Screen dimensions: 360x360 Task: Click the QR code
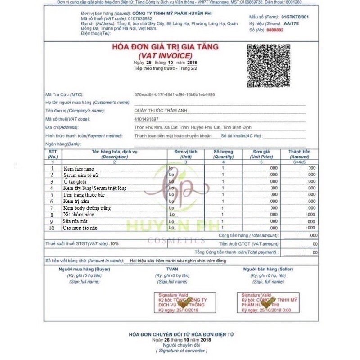(268, 65)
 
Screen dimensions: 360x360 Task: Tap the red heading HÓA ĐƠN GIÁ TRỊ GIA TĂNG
(165, 47)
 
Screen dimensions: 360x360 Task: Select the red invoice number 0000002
(276, 30)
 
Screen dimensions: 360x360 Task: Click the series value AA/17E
(291, 23)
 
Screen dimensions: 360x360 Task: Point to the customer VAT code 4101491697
(146, 119)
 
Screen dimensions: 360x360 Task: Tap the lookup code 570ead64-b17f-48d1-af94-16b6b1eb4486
(175, 94)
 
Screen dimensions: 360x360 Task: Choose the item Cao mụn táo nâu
(81, 229)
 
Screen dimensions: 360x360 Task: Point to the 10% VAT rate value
(114, 243)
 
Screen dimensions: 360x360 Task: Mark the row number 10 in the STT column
(52, 229)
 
